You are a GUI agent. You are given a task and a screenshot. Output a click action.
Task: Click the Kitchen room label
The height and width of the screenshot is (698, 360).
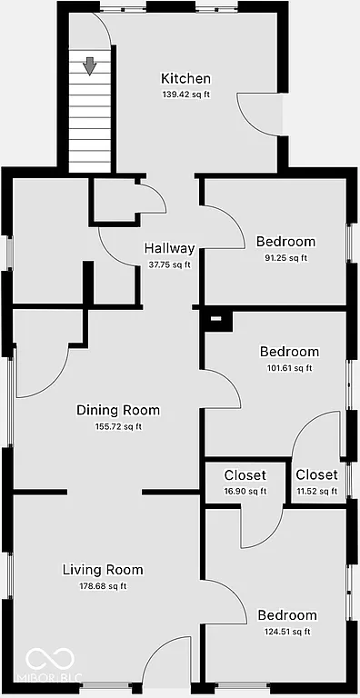coord(185,79)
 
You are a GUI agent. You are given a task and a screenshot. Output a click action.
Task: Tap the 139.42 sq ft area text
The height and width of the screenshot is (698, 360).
coord(185,95)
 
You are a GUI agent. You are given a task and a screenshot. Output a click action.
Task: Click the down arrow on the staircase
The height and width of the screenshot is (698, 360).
coord(90,65)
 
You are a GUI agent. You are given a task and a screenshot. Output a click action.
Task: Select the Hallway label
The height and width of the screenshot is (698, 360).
coord(169,248)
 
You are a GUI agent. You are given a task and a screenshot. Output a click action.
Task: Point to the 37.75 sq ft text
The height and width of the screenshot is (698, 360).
coord(169,264)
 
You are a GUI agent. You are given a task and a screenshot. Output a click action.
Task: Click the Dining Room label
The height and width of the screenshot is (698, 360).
coord(118,410)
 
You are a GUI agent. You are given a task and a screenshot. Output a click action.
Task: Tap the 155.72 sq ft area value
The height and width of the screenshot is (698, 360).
coord(118,426)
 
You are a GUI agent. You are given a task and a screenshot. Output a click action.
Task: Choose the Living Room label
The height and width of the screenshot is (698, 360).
coord(103,570)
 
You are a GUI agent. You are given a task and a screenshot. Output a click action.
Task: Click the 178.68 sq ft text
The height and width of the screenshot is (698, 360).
coord(103,586)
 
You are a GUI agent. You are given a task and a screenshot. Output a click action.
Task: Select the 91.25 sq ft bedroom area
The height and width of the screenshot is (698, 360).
coord(285,258)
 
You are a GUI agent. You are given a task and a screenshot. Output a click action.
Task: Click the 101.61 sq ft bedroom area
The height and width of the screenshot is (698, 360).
coord(289,368)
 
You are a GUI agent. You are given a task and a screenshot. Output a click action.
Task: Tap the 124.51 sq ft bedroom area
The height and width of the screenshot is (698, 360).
coord(286,632)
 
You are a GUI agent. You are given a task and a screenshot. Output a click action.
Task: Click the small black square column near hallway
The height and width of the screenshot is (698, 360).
coord(215,318)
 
